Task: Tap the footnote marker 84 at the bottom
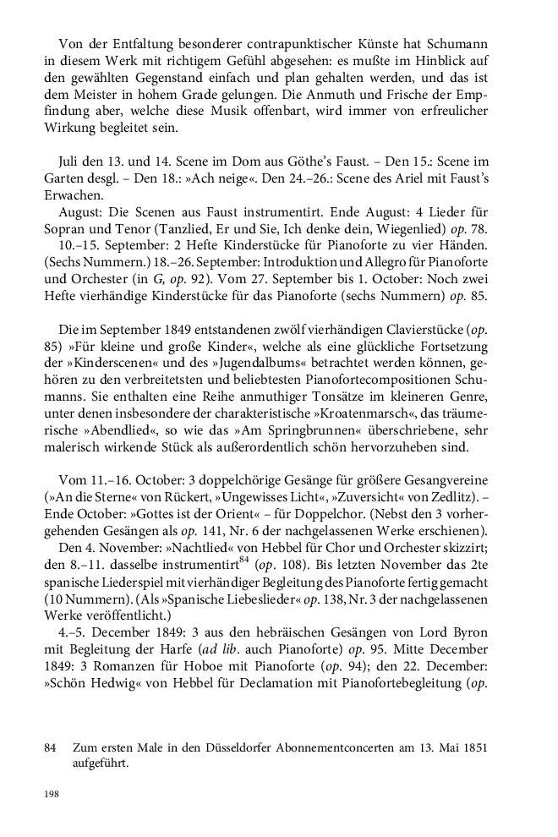tap(51, 748)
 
